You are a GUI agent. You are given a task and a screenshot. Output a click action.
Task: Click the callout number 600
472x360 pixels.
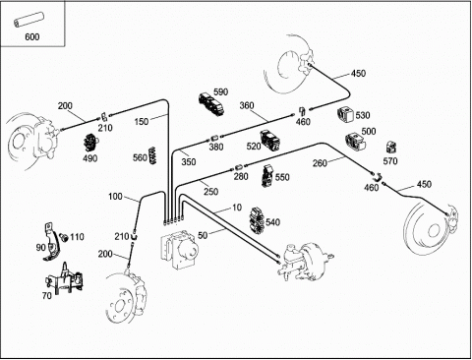click(x=32, y=36)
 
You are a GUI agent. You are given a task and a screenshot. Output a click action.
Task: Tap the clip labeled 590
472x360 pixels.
click(x=211, y=104)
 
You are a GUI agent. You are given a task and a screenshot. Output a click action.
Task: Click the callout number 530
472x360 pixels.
click(x=363, y=115)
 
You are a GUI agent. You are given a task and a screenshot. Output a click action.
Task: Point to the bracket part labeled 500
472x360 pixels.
click(x=355, y=142)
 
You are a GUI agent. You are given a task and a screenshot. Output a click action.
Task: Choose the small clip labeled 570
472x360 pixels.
click(x=391, y=148)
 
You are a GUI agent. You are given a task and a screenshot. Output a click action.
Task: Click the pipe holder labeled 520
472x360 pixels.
click(x=270, y=141)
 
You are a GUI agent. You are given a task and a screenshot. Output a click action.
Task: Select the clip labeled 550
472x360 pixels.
click(x=267, y=176)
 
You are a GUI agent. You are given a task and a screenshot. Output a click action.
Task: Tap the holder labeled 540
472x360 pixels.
click(x=258, y=221)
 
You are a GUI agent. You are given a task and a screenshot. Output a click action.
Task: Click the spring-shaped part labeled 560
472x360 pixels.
click(x=151, y=155)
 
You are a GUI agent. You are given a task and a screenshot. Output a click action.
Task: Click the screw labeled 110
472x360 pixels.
click(x=64, y=237)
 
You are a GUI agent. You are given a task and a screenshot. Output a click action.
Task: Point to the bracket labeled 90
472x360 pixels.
click(x=51, y=242)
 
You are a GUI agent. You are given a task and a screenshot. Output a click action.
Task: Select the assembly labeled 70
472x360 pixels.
click(x=64, y=278)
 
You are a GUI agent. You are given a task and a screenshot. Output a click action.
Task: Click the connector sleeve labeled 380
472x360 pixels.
click(x=214, y=137)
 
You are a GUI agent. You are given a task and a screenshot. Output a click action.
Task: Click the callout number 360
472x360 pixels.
click(x=247, y=105)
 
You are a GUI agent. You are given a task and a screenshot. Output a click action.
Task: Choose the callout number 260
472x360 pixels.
click(x=320, y=162)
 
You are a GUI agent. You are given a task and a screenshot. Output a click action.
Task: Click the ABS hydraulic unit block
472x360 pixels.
click(x=180, y=249)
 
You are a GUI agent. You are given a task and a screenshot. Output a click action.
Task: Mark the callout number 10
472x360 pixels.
click(x=237, y=208)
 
